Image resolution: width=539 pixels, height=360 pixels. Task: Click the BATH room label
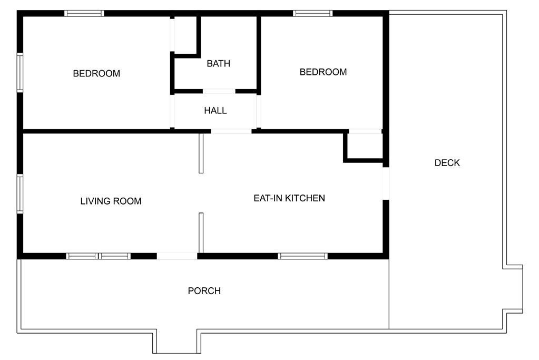[x=218, y=64]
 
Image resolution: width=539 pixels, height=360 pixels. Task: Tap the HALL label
[x=215, y=110]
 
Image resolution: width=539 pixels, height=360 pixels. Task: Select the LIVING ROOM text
[x=111, y=201]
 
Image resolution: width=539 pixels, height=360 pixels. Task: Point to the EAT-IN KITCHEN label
[x=289, y=198]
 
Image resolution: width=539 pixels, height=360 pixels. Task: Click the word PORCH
[x=204, y=291]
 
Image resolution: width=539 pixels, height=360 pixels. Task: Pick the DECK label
[x=447, y=163]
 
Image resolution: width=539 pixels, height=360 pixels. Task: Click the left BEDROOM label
[x=96, y=73]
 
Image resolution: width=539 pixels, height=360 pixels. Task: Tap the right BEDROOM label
[x=323, y=72]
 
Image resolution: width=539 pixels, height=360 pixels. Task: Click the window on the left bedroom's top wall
[x=84, y=13]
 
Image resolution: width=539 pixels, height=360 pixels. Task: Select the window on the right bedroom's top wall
[x=313, y=13]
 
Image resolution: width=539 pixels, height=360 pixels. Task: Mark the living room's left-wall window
[x=20, y=194]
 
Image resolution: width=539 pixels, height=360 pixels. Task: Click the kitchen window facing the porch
[x=303, y=256]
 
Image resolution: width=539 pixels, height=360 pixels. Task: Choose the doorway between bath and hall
[x=219, y=92]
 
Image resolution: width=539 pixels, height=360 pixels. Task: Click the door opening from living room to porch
[x=177, y=256]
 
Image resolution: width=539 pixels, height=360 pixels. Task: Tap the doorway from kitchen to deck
[x=386, y=183]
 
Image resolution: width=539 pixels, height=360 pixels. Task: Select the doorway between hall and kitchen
[x=231, y=131]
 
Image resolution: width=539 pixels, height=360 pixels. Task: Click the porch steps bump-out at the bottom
[x=177, y=342]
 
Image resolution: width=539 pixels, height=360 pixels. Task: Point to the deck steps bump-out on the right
[x=513, y=289]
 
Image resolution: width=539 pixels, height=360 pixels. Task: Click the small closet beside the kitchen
[x=365, y=146]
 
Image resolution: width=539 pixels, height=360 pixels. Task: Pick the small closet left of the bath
[x=185, y=35]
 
